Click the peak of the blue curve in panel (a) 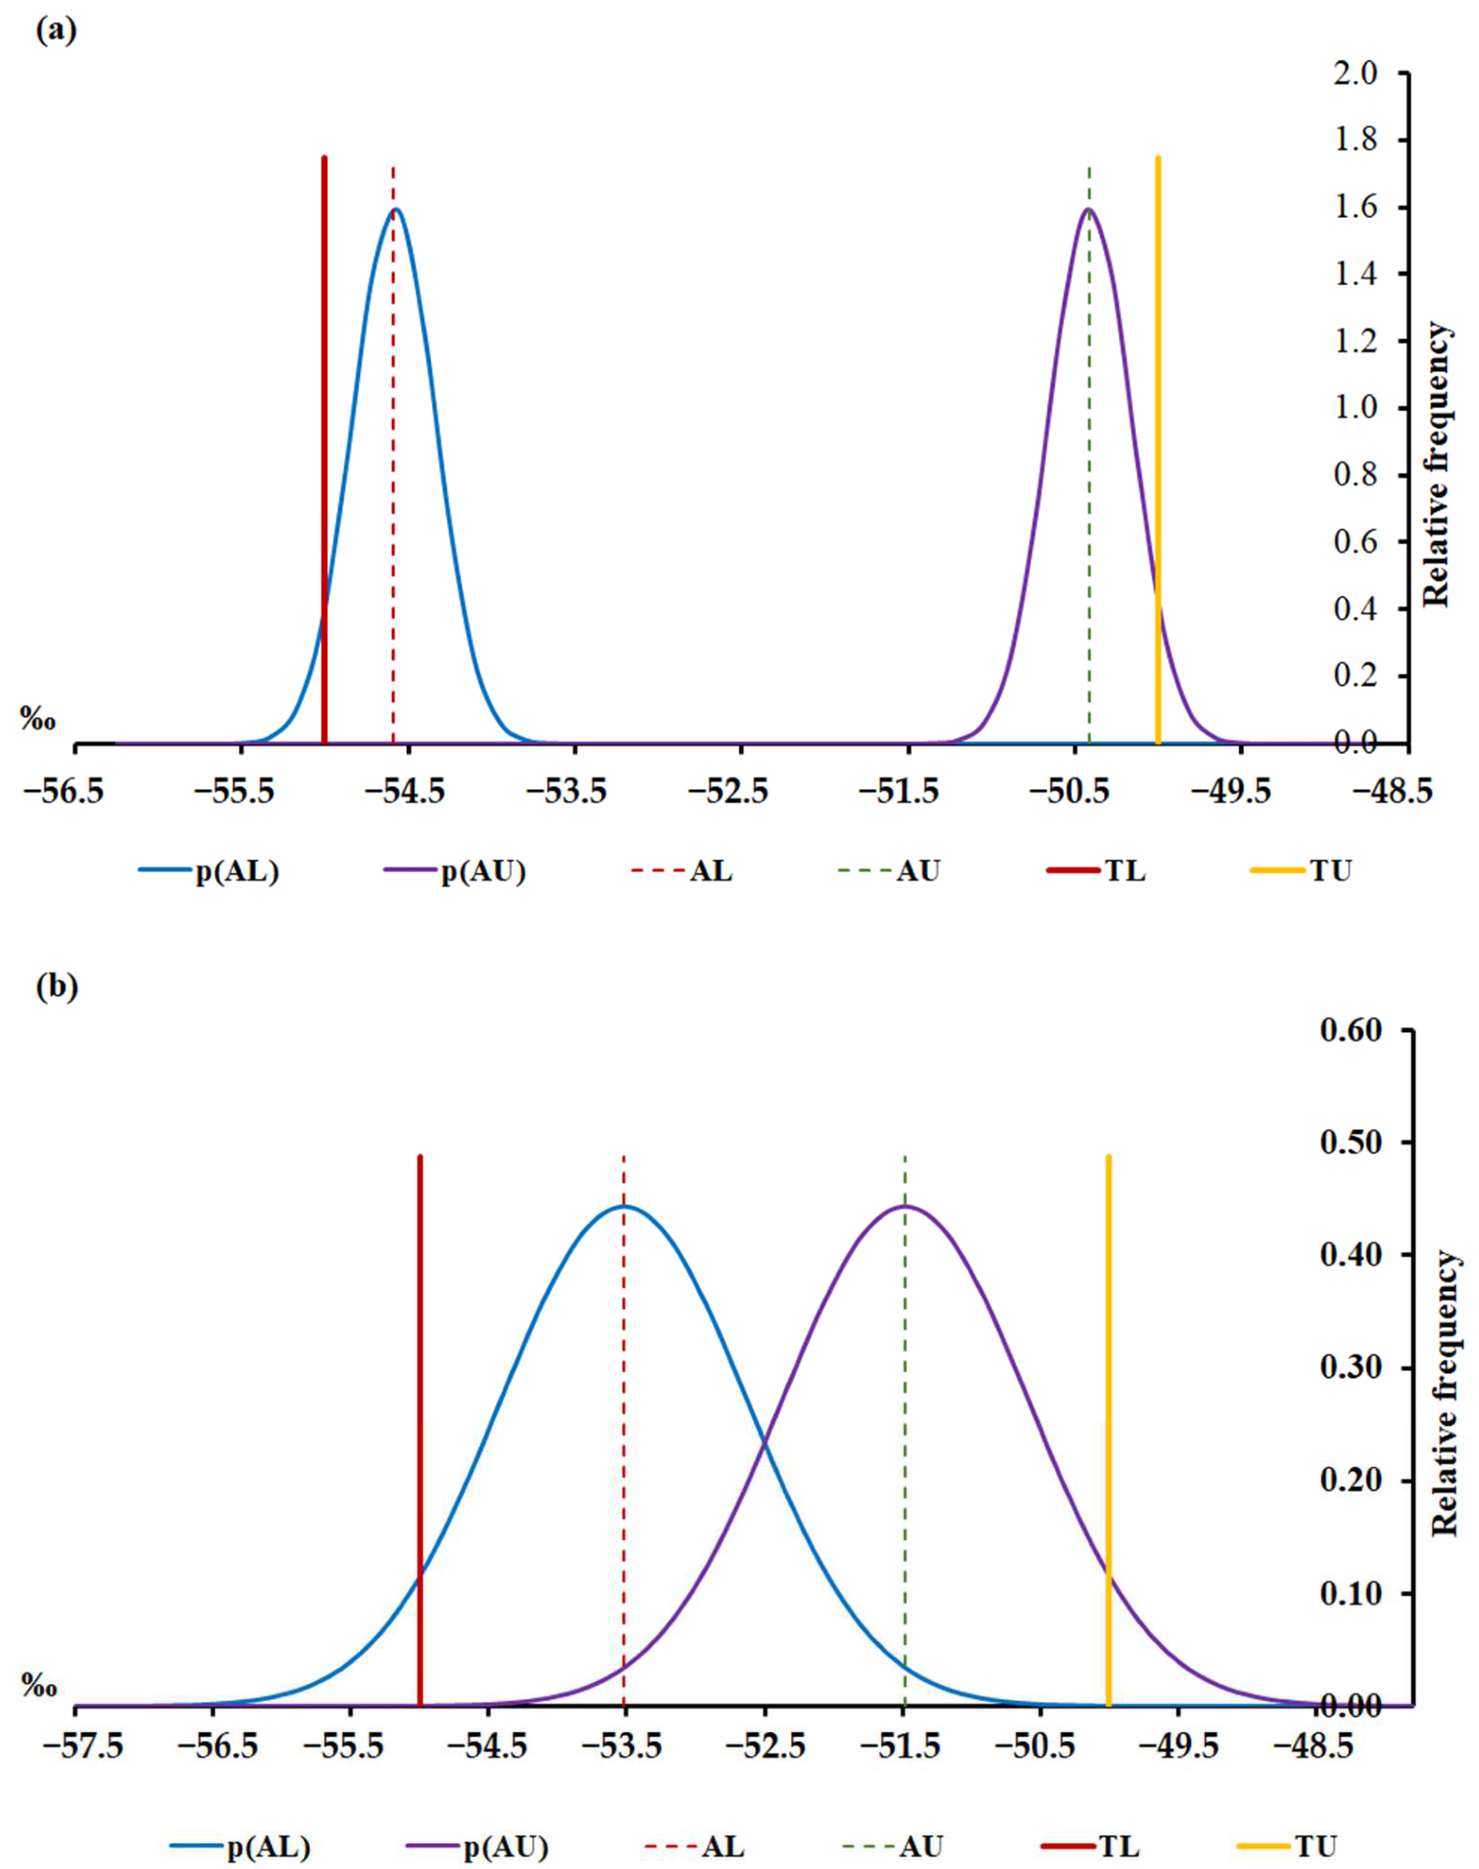click(396, 209)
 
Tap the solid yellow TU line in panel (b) click(1108, 1386)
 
